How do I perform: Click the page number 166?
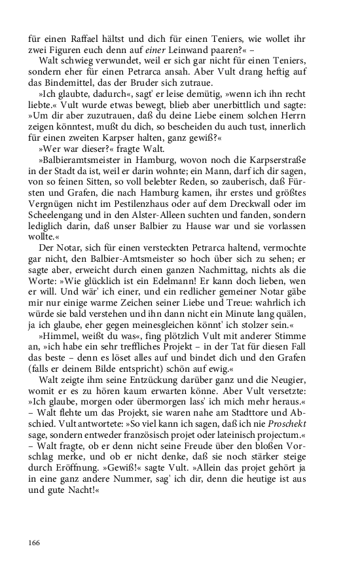pyautogui.click(x=34, y=543)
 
